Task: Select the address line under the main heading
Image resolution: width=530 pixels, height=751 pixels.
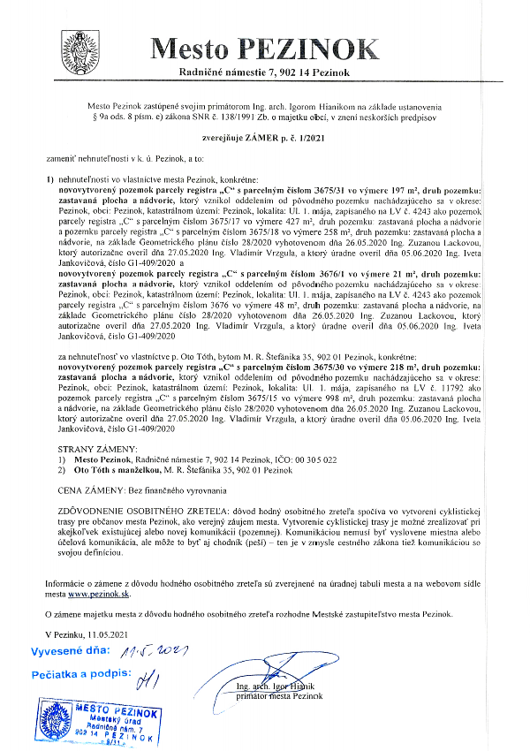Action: click(x=264, y=71)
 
